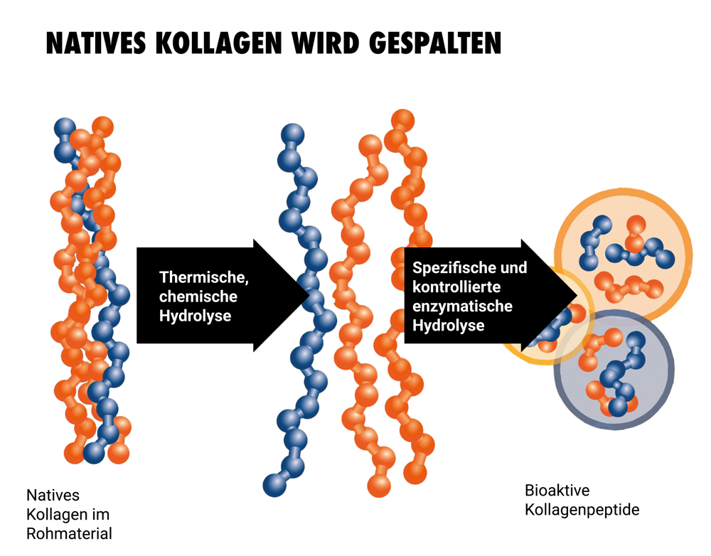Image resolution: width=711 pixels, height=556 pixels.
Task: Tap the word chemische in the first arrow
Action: pos(198,296)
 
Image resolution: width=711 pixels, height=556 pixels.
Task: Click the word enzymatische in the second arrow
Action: pos(462,306)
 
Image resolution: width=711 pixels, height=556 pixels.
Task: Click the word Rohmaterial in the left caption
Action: pos(69,533)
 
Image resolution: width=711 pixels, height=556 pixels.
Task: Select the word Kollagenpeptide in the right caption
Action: pos(582,510)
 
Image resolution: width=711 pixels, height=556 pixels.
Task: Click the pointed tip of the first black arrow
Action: pos(308,295)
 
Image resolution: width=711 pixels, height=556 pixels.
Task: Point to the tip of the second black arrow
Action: pos(576,295)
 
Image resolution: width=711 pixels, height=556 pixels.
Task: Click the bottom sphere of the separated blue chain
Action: pos(274,485)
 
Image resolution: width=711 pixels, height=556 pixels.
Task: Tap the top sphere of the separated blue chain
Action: pos(292,134)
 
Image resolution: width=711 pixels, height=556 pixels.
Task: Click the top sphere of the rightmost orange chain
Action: pos(402,119)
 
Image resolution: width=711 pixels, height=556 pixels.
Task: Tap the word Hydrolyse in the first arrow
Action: pos(195,316)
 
